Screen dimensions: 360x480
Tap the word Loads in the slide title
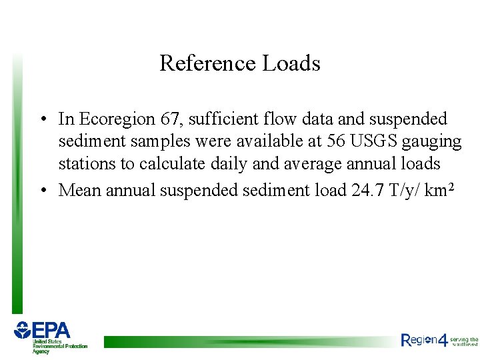[291, 63]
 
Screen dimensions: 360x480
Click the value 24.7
[367, 190]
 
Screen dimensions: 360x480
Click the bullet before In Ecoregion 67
[42, 120]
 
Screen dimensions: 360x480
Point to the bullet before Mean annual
[42, 191]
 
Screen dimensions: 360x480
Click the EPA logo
[50, 337]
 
